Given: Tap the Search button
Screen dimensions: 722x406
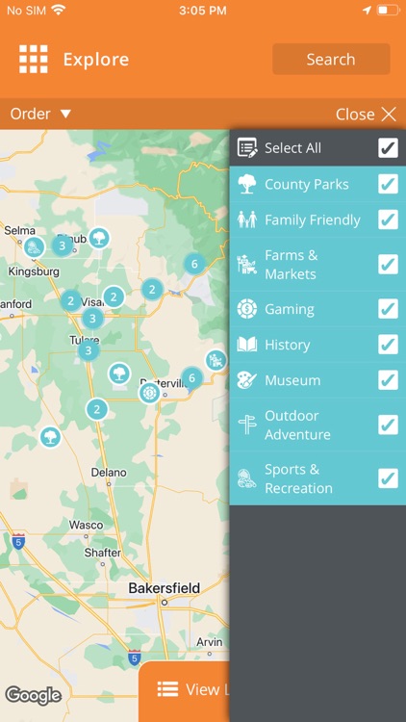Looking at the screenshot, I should click(331, 59).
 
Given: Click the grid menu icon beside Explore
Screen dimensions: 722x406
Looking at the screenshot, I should click(34, 59).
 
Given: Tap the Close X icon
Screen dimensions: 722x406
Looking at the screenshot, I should click(389, 115).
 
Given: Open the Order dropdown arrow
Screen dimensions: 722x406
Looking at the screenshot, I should click(66, 114).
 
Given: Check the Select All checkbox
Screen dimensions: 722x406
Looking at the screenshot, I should click(388, 147).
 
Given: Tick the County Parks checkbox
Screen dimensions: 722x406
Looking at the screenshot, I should click(388, 184).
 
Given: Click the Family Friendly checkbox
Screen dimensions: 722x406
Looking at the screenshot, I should click(388, 219).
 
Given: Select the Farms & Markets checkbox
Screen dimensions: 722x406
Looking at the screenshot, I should click(388, 264).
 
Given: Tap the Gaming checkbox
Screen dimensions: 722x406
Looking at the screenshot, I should click(388, 309).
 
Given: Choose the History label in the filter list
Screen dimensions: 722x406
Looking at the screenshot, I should click(287, 345).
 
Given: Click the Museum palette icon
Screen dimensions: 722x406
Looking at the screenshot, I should click(247, 380).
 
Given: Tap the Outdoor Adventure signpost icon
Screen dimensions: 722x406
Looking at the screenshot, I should click(247, 425).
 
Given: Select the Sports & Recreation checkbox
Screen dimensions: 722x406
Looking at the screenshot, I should click(388, 478).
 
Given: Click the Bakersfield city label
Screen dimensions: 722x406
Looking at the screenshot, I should click(165, 588).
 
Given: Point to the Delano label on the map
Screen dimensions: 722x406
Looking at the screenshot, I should click(109, 473).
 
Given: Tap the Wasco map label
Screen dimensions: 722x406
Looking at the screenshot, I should click(86, 526).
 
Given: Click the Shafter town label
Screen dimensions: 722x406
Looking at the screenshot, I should click(103, 553).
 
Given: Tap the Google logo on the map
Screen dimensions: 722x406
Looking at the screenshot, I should click(33, 695).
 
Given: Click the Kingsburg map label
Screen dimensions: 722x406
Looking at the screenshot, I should click(33, 271).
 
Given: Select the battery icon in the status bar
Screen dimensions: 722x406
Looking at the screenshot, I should click(387, 10).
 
